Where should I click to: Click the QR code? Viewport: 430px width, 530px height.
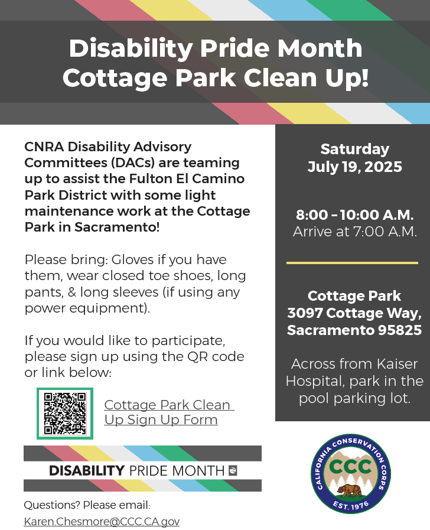pyautogui.click(x=65, y=414)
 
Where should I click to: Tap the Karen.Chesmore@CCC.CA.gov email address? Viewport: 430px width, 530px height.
pyautogui.click(x=102, y=521)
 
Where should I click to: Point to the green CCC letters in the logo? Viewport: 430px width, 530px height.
pyautogui.click(x=350, y=467)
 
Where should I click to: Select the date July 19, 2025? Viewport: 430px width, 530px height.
pyautogui.click(x=354, y=167)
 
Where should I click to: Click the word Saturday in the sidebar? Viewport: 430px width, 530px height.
pyautogui.click(x=354, y=149)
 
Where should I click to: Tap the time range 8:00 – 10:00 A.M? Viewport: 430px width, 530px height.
pyautogui.click(x=354, y=215)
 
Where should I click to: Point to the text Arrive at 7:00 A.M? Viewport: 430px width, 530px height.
pyautogui.click(x=354, y=232)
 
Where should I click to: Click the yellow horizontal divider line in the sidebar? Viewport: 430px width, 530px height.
pyautogui.click(x=352, y=262)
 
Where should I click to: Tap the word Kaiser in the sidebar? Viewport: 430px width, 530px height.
pyautogui.click(x=398, y=364)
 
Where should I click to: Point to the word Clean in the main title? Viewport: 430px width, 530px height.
pyautogui.click(x=280, y=78)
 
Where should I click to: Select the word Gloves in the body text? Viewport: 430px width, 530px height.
pyautogui.click(x=132, y=259)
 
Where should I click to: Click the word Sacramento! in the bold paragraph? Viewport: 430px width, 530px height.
pyautogui.click(x=117, y=227)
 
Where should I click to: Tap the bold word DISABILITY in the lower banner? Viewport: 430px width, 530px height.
pyautogui.click(x=87, y=470)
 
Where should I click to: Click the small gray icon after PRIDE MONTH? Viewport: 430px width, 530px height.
pyautogui.click(x=233, y=470)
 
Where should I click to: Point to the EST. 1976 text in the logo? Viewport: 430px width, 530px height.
pyautogui.click(x=351, y=505)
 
